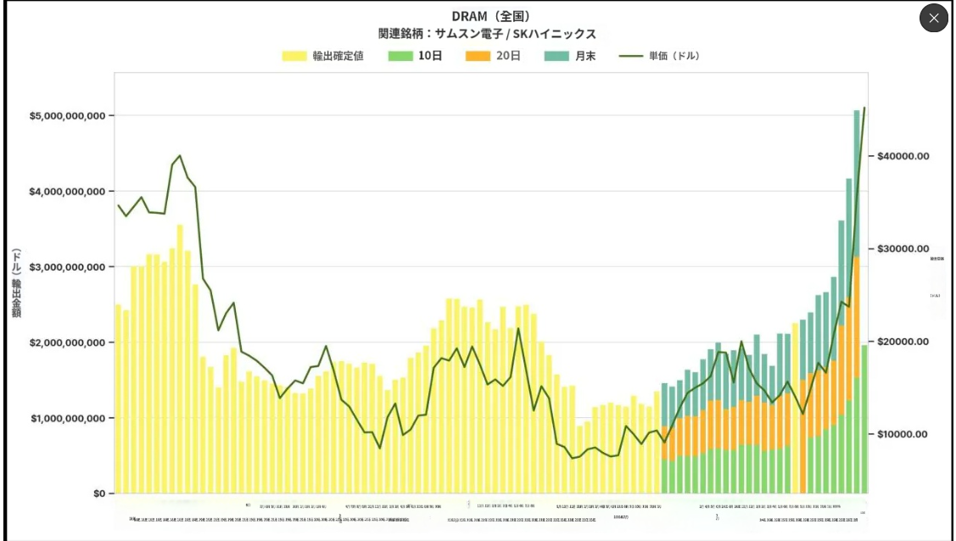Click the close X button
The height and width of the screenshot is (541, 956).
point(933,18)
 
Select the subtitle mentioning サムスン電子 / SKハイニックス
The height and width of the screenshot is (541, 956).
point(487,34)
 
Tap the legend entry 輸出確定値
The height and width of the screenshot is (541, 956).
point(323,56)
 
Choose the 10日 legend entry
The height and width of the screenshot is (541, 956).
point(417,56)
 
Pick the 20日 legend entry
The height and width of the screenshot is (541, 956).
point(494,56)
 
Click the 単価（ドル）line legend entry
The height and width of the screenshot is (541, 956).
point(659,56)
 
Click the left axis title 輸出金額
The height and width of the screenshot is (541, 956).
point(16,283)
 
